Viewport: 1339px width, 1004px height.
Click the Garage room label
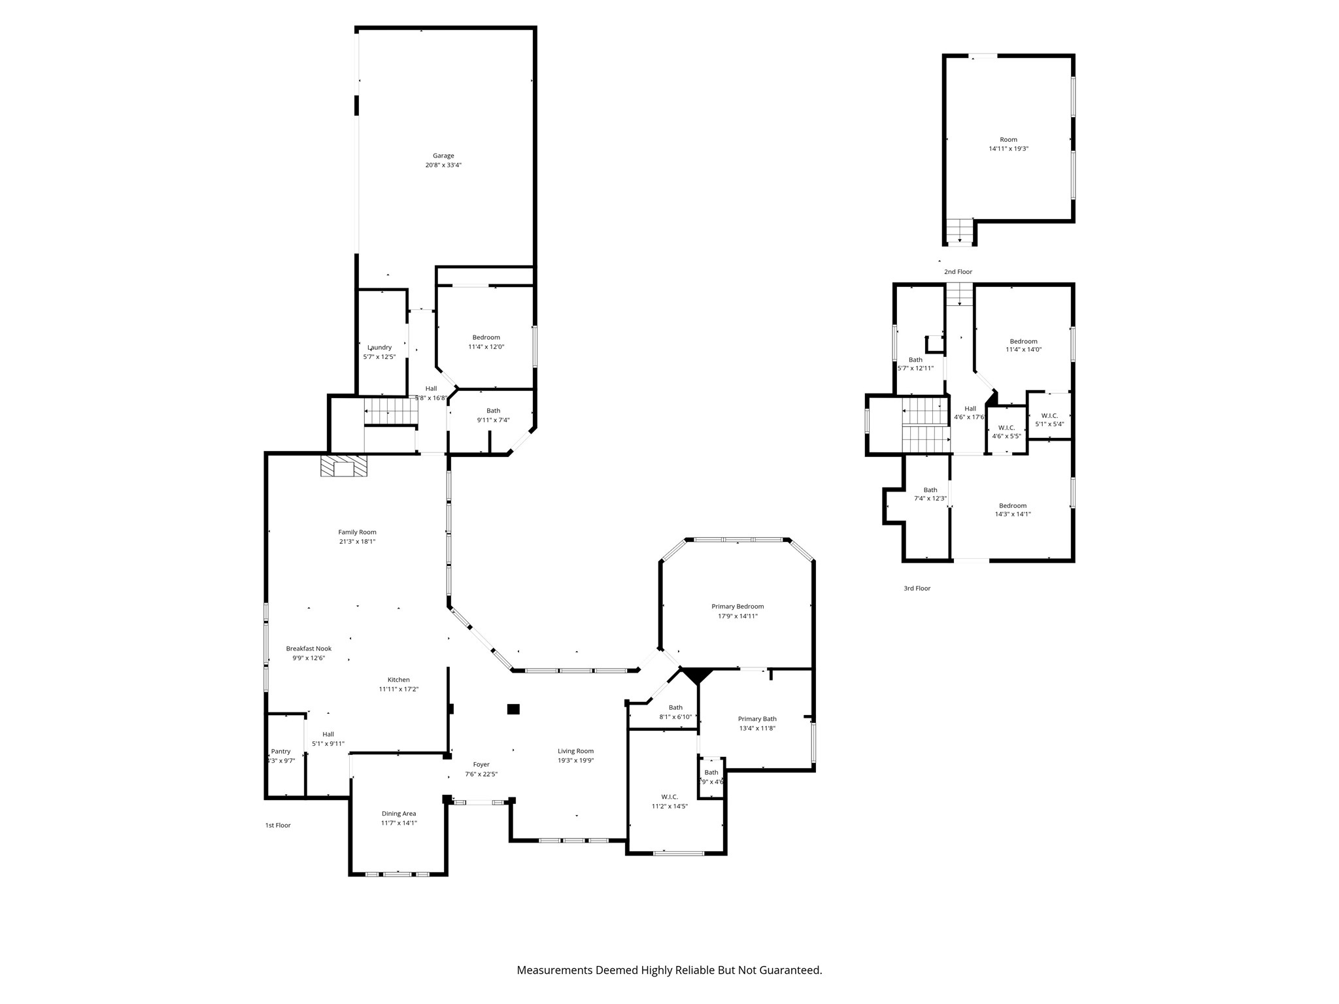coord(443,156)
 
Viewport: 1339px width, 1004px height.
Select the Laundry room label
coord(380,348)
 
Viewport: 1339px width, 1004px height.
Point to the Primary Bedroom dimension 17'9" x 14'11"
coord(737,616)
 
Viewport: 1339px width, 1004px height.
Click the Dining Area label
coord(399,814)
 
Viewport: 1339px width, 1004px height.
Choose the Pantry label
coord(281,752)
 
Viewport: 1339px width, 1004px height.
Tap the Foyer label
coord(481,764)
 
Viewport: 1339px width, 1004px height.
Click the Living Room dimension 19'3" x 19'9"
coord(575,760)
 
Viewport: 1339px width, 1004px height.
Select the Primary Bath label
coord(757,719)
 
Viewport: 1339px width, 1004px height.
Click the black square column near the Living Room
coord(513,709)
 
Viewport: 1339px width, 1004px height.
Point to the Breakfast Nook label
coord(309,648)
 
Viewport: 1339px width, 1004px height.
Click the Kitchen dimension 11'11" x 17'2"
coord(399,689)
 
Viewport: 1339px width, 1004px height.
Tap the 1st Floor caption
coord(278,826)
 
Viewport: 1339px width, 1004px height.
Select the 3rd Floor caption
coord(917,588)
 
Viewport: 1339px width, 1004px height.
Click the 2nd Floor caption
coord(958,272)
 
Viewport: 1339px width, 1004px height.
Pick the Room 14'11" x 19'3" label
coord(1008,140)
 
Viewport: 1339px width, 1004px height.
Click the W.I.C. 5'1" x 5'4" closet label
coord(1049,416)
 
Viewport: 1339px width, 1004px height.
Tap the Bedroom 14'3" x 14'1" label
coord(1013,506)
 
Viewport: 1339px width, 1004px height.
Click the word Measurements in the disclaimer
coord(554,971)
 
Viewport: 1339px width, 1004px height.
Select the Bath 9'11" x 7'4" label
coord(493,411)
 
